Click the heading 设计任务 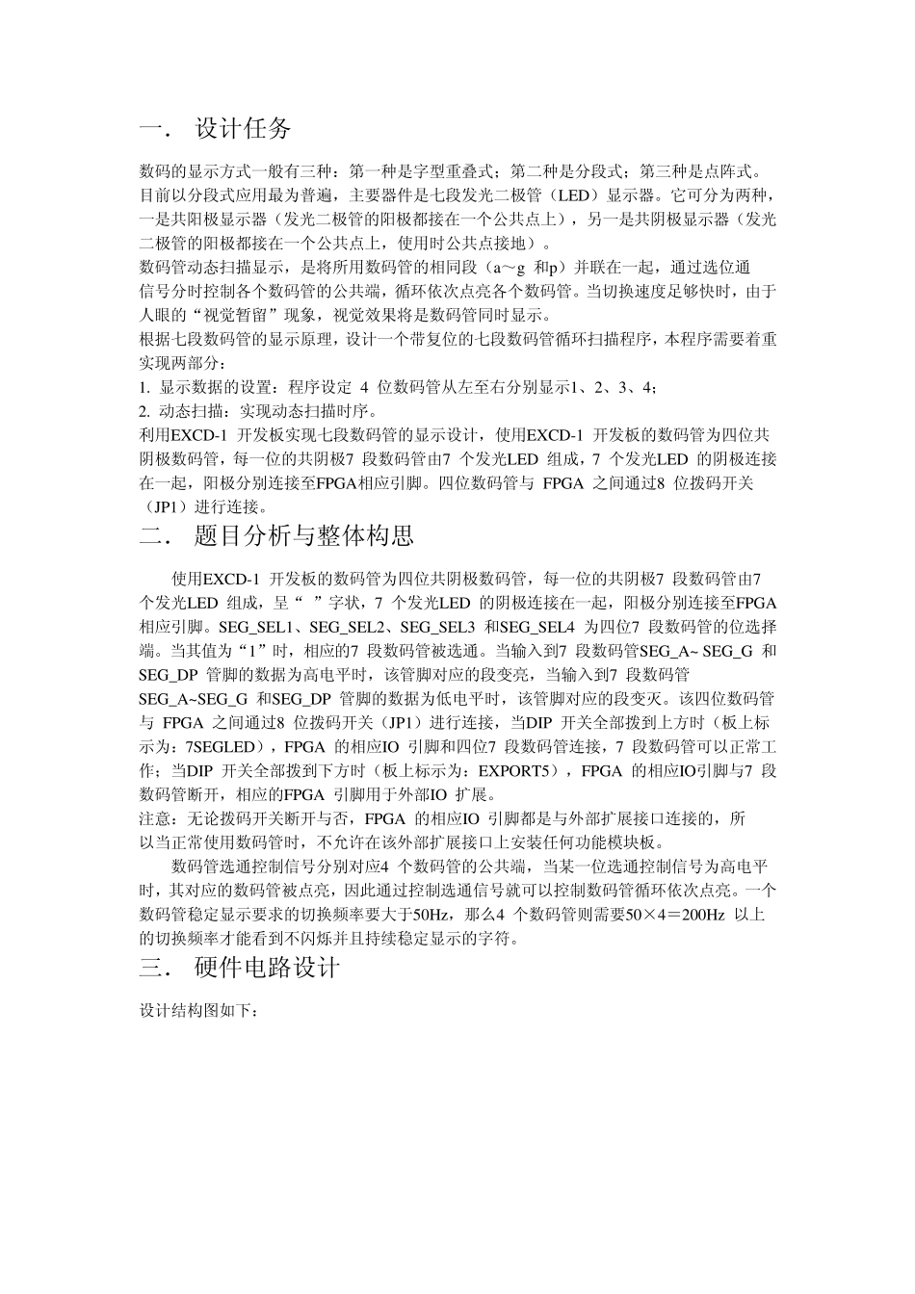(243, 128)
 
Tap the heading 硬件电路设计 (267, 969)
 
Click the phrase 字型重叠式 (452, 172)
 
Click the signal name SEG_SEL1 (255, 627)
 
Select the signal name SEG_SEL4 (537, 627)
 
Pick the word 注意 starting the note (153, 818)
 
